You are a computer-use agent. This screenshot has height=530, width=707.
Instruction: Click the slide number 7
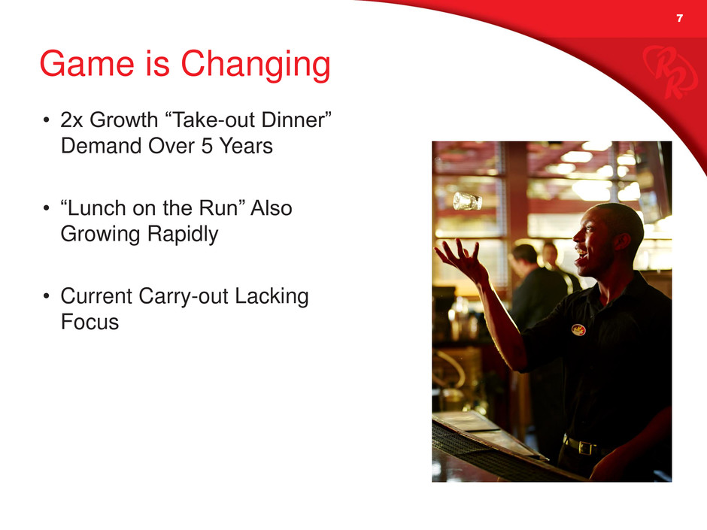pos(679,18)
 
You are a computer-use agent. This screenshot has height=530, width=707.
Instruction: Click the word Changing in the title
pos(256,65)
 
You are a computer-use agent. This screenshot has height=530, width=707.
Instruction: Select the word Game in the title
pos(87,64)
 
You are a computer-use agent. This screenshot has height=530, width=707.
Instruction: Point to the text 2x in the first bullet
pos(71,120)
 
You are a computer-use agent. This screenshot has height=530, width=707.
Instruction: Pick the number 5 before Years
pos(207,146)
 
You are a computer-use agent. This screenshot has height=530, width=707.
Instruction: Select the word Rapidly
pos(183,235)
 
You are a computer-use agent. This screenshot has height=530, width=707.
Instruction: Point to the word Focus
pos(90,323)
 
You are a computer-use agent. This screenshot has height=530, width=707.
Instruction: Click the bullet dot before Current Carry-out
pos(46,296)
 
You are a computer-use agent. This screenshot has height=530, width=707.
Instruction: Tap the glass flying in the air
pos(467,201)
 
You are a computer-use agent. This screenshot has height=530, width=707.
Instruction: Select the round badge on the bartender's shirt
pos(578,330)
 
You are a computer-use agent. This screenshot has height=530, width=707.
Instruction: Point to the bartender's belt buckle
pos(585,448)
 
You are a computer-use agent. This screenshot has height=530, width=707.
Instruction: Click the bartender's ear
pos(622,241)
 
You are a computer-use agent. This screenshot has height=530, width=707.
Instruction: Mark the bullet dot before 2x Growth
pos(46,120)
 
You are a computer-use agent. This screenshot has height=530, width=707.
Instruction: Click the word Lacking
pos(272,297)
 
